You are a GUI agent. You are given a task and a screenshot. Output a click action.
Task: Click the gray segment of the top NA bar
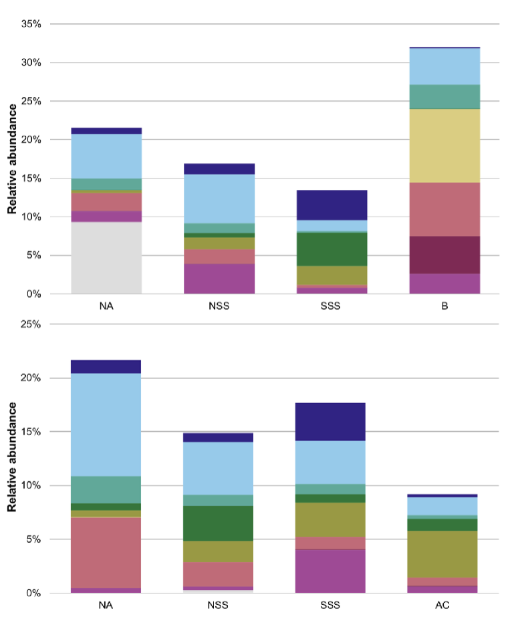tap(106, 258)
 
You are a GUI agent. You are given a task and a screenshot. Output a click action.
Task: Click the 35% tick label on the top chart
tap(31, 24)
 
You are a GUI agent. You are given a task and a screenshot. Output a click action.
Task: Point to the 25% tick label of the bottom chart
tap(31, 324)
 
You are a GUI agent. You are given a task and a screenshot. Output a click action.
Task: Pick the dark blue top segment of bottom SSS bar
tap(330, 422)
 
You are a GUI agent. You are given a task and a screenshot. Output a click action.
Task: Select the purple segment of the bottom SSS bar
tap(330, 571)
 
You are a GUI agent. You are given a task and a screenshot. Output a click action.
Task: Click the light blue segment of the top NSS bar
tap(219, 199)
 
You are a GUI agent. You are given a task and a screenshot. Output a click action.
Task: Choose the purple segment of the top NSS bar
tap(219, 279)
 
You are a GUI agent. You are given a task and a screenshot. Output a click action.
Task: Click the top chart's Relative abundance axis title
tap(12, 158)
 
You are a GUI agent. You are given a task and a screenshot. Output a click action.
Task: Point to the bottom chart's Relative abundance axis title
tap(12, 457)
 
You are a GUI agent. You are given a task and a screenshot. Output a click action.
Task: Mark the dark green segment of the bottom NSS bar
tap(219, 523)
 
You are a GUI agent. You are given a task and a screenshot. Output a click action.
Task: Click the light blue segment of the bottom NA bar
tap(106, 424)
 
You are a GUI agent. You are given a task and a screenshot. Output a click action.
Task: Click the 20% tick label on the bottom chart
tap(31, 378)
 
